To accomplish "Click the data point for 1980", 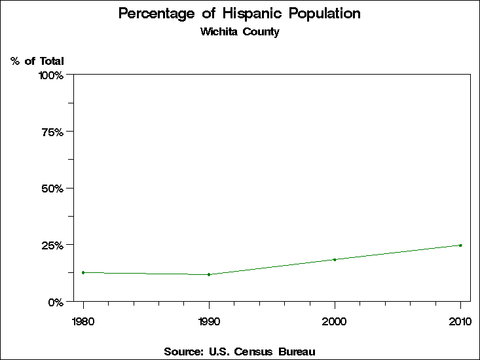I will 83,272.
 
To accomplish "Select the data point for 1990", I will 209,274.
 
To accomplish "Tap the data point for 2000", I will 335,260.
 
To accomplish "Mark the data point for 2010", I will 460,245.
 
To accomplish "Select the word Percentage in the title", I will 157,14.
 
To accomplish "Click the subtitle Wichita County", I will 240,32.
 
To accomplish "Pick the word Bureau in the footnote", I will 297,352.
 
